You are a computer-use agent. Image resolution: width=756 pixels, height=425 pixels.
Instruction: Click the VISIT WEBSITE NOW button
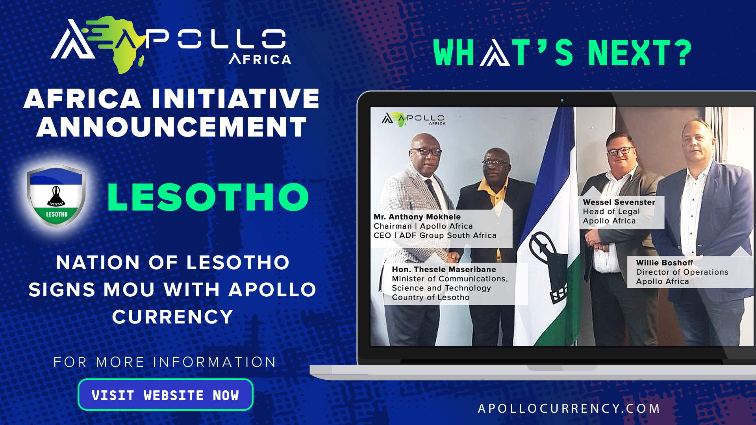pyautogui.click(x=165, y=395)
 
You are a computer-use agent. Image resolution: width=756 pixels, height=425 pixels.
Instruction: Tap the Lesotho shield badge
pyautogui.click(x=56, y=196)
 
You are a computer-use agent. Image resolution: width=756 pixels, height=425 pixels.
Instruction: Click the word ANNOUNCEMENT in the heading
pyautogui.click(x=172, y=127)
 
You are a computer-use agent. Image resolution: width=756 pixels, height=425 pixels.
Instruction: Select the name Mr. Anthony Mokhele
pyautogui.click(x=417, y=216)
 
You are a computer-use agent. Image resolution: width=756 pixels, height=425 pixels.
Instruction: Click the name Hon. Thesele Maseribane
pyautogui.click(x=444, y=269)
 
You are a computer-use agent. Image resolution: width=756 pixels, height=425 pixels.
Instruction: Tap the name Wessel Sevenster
pyautogui.click(x=619, y=202)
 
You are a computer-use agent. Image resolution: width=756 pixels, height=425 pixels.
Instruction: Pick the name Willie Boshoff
pyautogui.click(x=665, y=262)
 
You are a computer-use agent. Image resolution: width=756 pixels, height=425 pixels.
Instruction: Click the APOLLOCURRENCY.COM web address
pyautogui.click(x=569, y=408)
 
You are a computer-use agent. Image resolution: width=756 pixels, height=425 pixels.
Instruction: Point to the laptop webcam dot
pyautogui.click(x=562, y=100)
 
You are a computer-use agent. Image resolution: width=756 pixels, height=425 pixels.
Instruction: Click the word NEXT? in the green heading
pyautogui.click(x=640, y=53)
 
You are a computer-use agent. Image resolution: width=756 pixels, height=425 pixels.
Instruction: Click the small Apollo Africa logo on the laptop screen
pyautogui.click(x=413, y=119)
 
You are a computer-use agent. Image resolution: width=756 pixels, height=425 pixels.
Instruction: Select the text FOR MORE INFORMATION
pyautogui.click(x=165, y=362)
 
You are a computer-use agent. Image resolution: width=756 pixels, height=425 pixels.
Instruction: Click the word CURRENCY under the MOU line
pyautogui.click(x=172, y=317)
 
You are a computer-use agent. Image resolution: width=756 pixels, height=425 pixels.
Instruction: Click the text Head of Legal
pyautogui.click(x=611, y=211)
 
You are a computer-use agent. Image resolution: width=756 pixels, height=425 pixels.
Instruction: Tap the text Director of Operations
pyautogui.click(x=682, y=272)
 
